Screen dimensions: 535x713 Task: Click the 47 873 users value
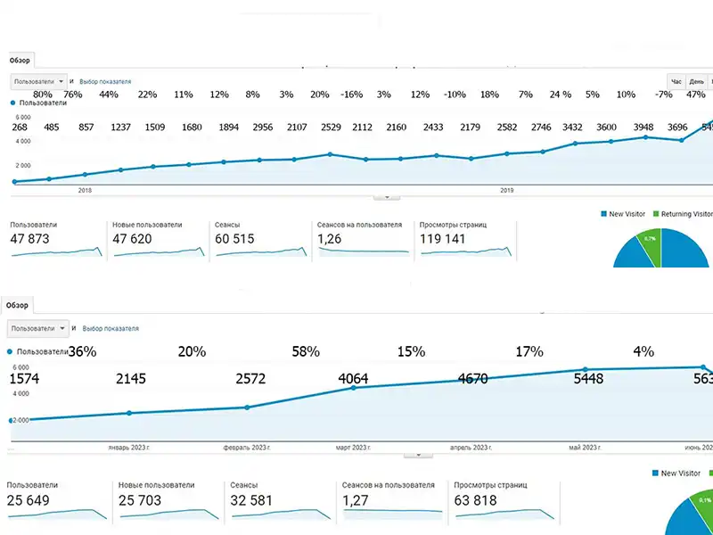pyautogui.click(x=30, y=239)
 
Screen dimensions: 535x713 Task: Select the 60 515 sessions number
pyautogui.click(x=234, y=239)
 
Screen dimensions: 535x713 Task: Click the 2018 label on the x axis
pyautogui.click(x=86, y=190)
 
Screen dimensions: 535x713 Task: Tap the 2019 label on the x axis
pyautogui.click(x=507, y=190)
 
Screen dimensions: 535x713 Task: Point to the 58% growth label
pyautogui.click(x=306, y=352)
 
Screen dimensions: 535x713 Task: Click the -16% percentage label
pyautogui.click(x=351, y=95)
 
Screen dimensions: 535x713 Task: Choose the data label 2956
pyautogui.click(x=262, y=127)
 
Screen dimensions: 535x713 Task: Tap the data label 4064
pyautogui.click(x=353, y=379)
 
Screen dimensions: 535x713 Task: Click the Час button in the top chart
pyautogui.click(x=676, y=81)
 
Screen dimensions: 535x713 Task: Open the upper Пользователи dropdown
pyautogui.click(x=39, y=81)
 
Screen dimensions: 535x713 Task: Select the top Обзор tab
pyautogui.click(x=20, y=61)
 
